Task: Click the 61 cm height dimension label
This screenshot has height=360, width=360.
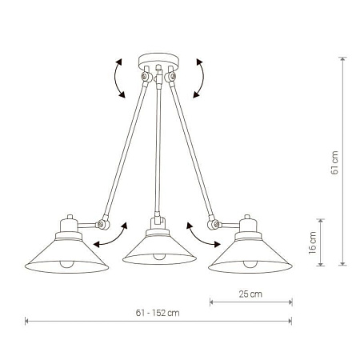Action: (x=334, y=162)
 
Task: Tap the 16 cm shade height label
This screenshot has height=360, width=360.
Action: (x=312, y=242)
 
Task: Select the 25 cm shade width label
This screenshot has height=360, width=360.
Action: (x=250, y=294)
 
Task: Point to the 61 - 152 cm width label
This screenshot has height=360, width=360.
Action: (x=158, y=313)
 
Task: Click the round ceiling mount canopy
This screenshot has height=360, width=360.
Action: (x=158, y=61)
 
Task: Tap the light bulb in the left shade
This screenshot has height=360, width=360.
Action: (x=66, y=264)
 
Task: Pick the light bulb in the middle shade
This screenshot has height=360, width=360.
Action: (x=158, y=257)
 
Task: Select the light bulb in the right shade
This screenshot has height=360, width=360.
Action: (x=250, y=264)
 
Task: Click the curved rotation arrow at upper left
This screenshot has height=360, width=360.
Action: (x=115, y=78)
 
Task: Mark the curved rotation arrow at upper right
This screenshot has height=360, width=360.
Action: (x=203, y=78)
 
